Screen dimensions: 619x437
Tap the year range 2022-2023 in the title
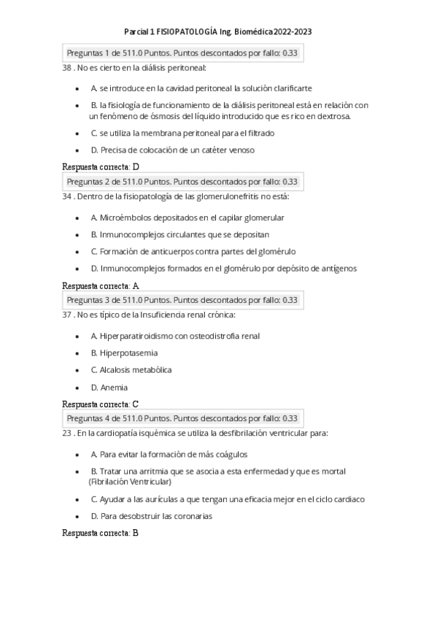tap(294, 32)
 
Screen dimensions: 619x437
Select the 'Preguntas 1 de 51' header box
tap(182, 53)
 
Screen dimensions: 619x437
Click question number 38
tap(68, 68)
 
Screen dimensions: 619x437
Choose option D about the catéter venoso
tap(172, 150)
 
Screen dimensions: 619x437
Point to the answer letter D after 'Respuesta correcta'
tap(136, 166)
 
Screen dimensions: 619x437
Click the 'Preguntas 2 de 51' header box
tap(182, 182)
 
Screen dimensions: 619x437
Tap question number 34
tap(68, 196)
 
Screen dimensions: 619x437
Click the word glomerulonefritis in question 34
tap(223, 196)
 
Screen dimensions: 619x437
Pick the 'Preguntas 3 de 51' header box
tap(182, 300)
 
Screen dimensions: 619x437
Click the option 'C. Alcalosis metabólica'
tap(131, 370)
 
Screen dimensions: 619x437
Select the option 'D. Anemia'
tap(109, 388)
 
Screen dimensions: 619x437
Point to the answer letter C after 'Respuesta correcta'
tap(136, 404)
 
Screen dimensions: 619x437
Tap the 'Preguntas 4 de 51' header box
tap(182, 418)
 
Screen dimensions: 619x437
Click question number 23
tap(68, 434)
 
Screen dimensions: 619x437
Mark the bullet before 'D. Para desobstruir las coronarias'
tap(77, 516)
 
